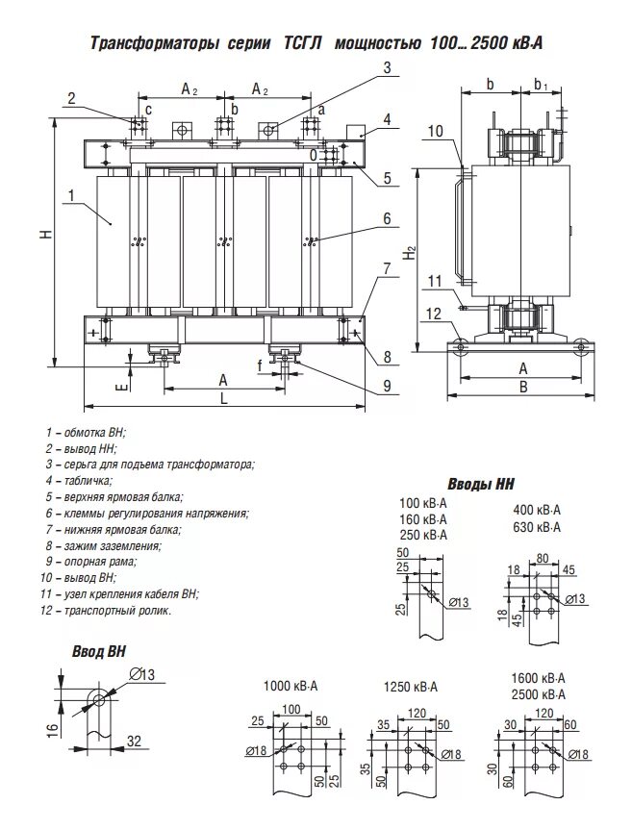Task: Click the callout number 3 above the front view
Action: [x=387, y=67]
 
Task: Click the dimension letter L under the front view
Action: [x=223, y=397]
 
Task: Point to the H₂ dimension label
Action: [x=411, y=254]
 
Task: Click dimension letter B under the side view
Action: [x=522, y=387]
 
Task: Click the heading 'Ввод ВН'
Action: [x=99, y=651]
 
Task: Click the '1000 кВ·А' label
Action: [x=291, y=687]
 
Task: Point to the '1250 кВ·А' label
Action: [x=410, y=687]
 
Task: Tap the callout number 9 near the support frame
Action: [x=386, y=387]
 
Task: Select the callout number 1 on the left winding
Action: [x=71, y=195]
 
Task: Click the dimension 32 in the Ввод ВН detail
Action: [x=135, y=742]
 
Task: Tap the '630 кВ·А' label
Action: [x=537, y=528]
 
